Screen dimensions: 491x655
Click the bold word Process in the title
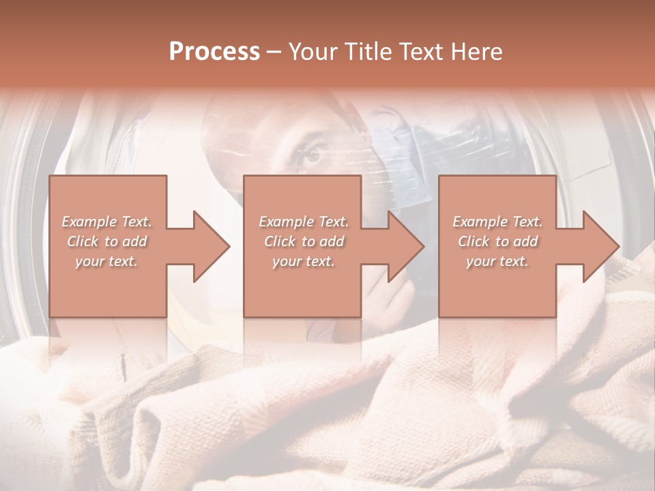click(214, 51)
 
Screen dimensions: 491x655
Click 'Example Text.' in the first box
click(106, 222)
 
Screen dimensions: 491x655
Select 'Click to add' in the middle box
click(304, 241)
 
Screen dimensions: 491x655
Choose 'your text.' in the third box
click(497, 261)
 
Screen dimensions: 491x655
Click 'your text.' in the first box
click(106, 261)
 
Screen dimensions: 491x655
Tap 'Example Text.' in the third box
click(497, 222)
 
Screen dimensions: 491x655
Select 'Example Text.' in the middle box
click(304, 222)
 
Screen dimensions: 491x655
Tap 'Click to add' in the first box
click(106, 241)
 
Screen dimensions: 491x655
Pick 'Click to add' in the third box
click(497, 241)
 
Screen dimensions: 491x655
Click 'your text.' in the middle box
click(304, 261)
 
